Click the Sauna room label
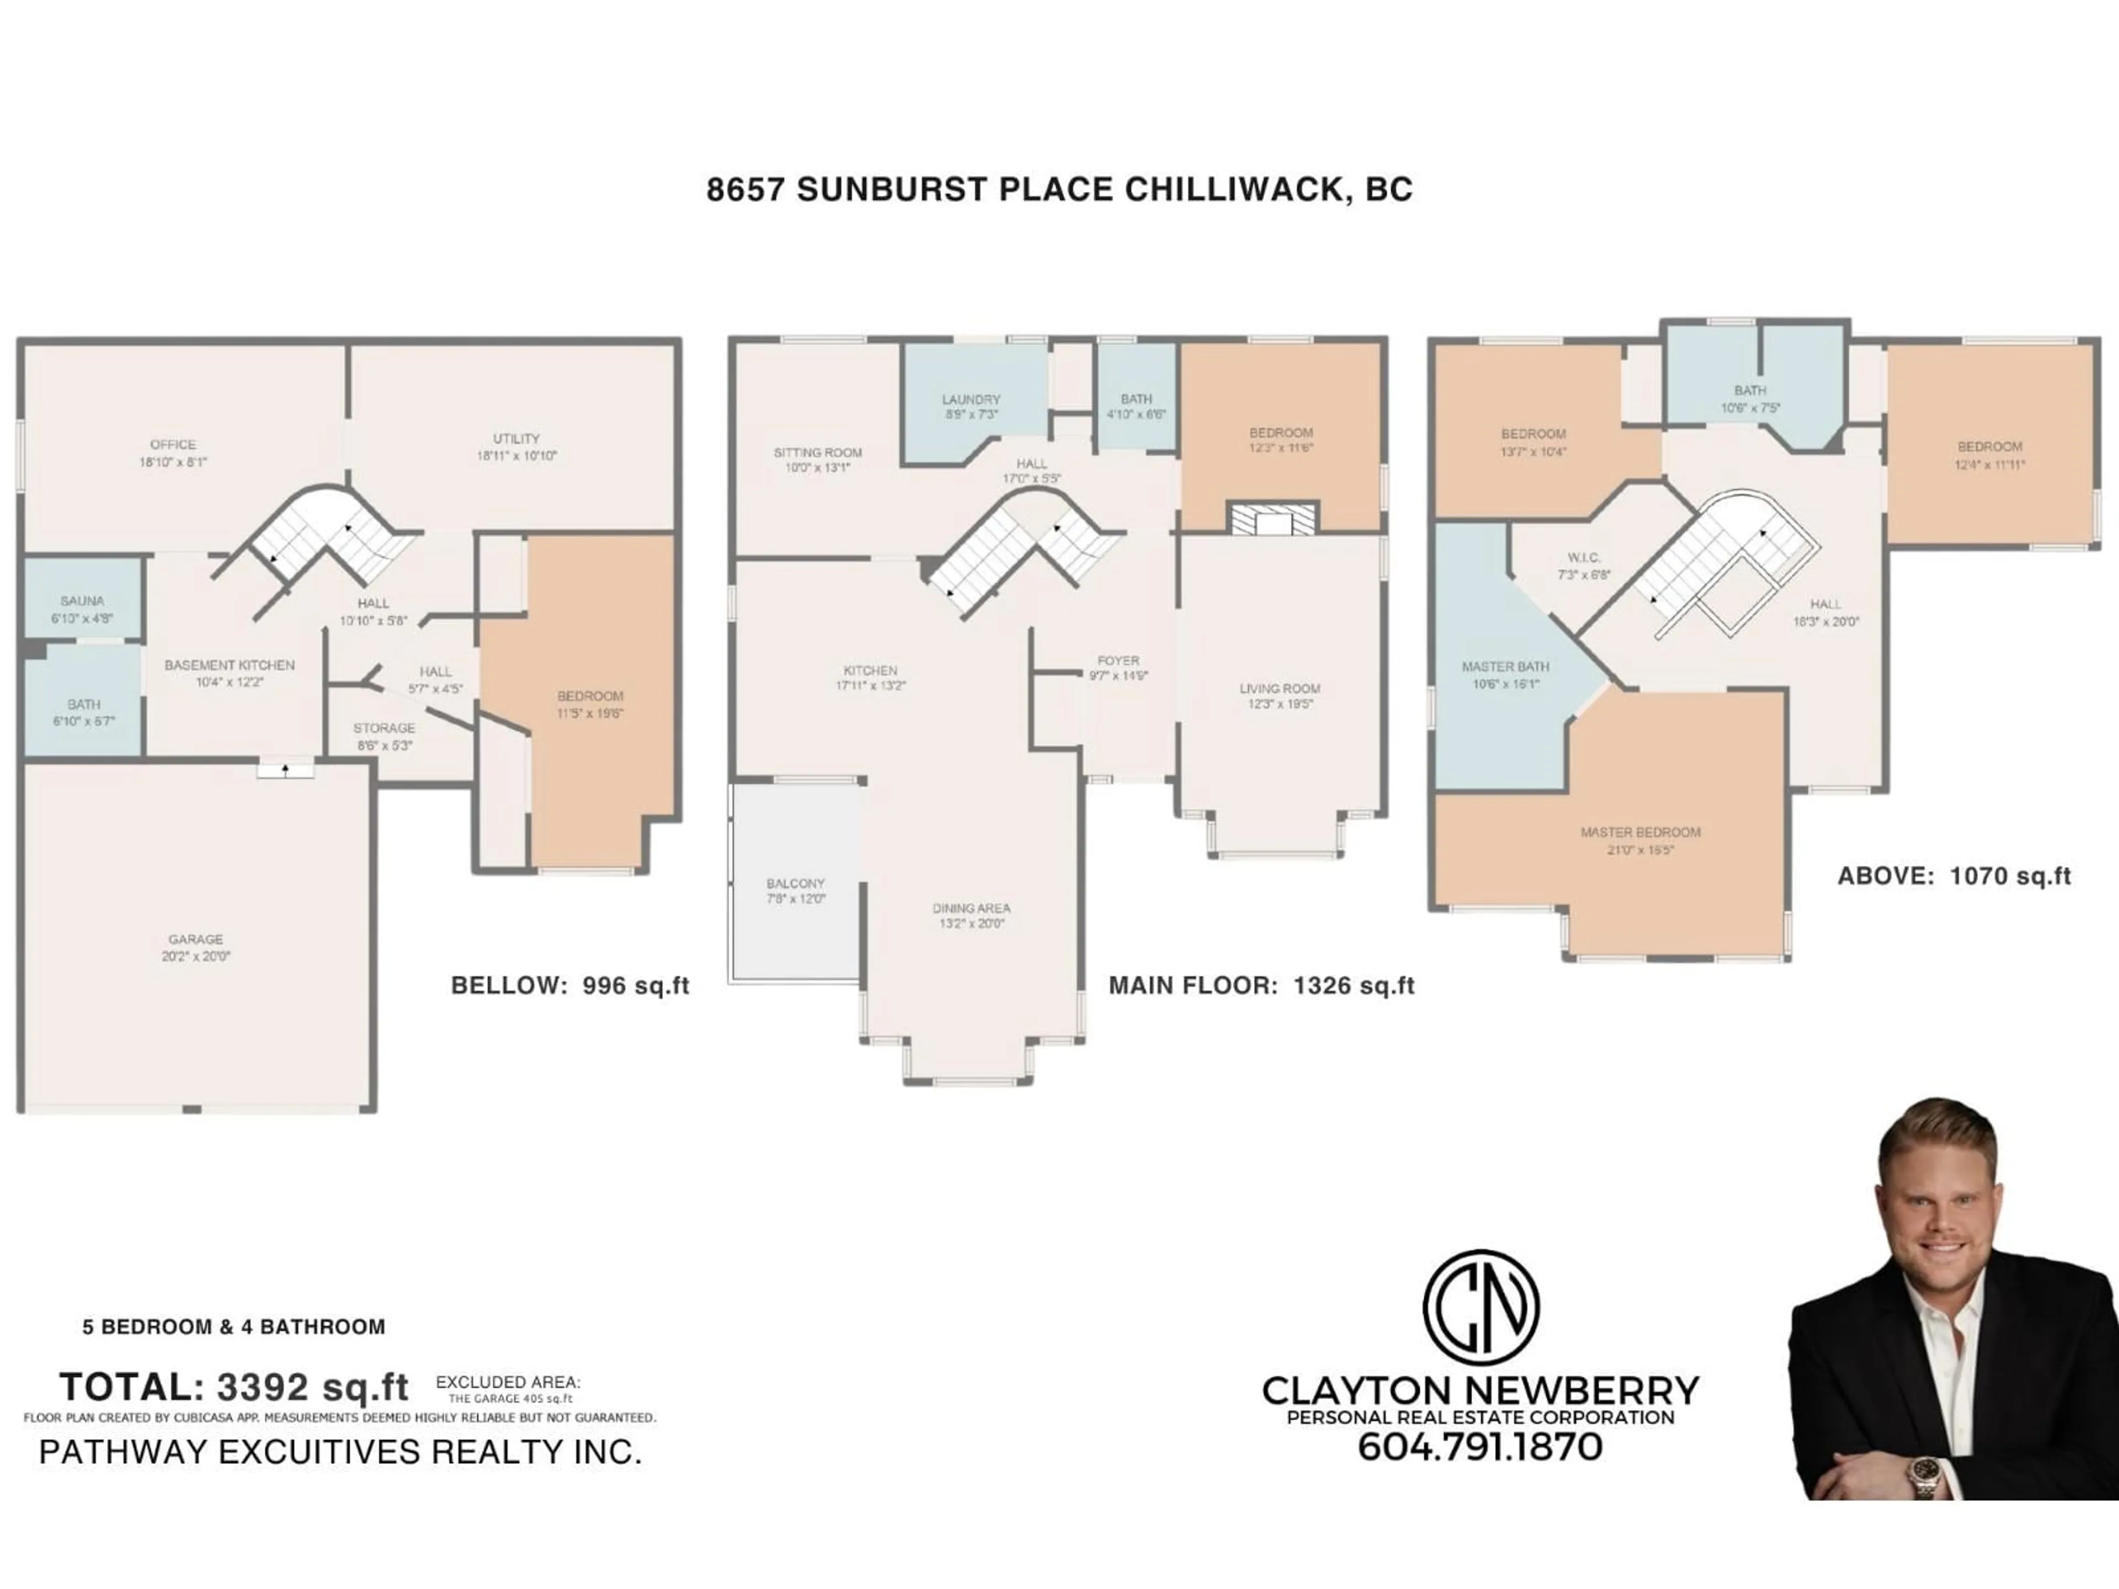[x=82, y=601]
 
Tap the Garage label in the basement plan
[x=195, y=940]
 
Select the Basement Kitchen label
[x=230, y=665]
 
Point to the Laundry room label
[x=971, y=399]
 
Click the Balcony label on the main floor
[x=795, y=883]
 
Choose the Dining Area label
[x=971, y=908]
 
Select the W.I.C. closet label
[x=1584, y=557]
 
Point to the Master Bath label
[x=1505, y=666]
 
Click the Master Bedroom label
[x=1640, y=833]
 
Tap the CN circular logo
[x=1481, y=1308]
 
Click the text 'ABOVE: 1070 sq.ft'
[x=1954, y=876]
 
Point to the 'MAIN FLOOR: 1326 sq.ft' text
[x=1261, y=985]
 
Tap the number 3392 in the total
[x=263, y=1387]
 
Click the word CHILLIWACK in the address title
[x=1235, y=190]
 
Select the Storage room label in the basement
[x=384, y=728]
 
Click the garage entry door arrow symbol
[x=285, y=769]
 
